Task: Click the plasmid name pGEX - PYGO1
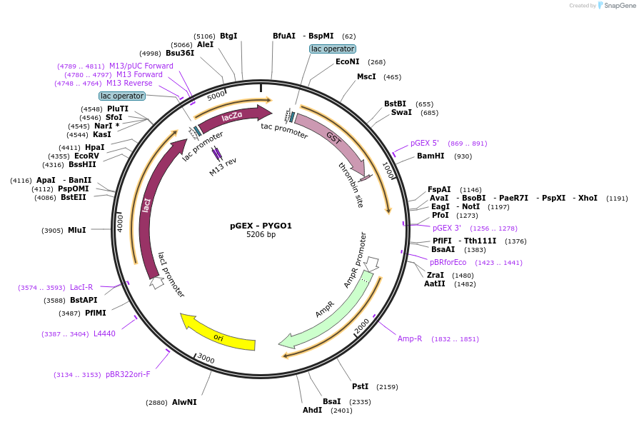(261, 226)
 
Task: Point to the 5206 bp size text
(261, 234)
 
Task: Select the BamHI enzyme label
(431, 156)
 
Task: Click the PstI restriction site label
(361, 386)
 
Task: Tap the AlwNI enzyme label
(184, 402)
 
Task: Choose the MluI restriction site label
(77, 230)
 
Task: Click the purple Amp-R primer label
(410, 339)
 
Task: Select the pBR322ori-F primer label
(128, 374)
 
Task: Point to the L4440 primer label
(104, 333)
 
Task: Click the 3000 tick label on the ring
(206, 358)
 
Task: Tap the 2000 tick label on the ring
(361, 326)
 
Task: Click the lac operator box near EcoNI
(333, 49)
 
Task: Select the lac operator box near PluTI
(122, 96)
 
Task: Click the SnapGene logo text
(620, 5)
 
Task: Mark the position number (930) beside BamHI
(463, 156)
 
